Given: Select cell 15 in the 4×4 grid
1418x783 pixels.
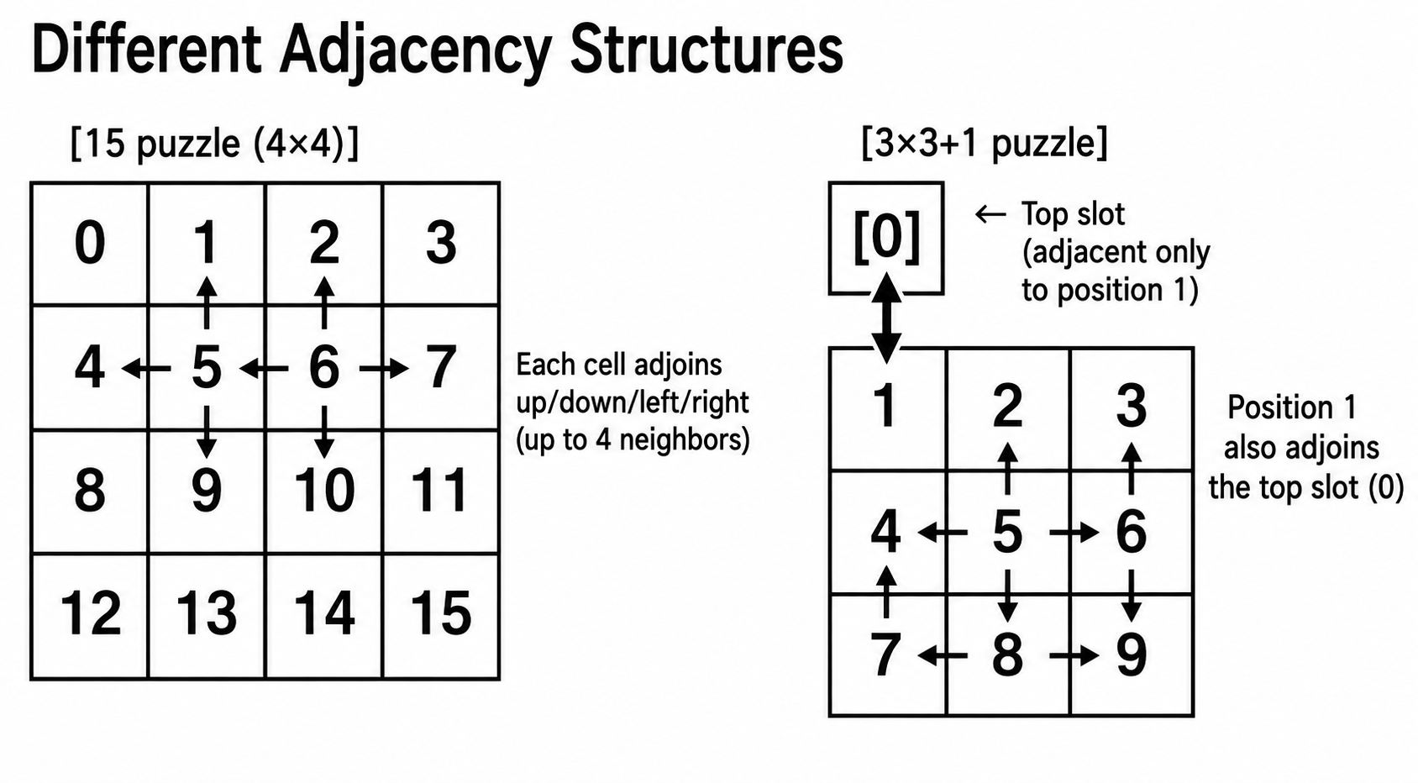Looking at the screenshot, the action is tap(441, 617).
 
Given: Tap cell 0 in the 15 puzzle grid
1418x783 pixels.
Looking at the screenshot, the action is tap(89, 244).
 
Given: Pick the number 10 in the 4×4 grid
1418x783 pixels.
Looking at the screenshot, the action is tap(324, 490).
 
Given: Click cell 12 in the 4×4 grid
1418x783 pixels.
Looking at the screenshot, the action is tap(89, 617).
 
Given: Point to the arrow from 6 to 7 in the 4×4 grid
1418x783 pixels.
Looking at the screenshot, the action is tap(384, 368).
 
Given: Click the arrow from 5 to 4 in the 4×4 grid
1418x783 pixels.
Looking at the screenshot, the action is tap(145, 368).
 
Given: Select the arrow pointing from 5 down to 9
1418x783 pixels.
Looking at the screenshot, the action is tap(207, 433).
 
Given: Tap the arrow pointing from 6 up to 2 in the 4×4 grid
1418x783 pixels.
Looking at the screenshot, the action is tap(324, 302).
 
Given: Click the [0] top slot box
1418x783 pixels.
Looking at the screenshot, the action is tap(886, 238).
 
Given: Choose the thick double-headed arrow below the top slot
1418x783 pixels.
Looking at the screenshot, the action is tap(887, 318).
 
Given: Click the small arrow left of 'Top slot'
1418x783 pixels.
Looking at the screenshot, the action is tap(990, 214).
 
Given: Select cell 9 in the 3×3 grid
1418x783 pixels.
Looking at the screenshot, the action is tap(1132, 655).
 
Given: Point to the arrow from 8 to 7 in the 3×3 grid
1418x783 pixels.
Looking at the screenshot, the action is tap(943, 656).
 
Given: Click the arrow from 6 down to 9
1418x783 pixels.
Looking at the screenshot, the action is tap(1132, 596).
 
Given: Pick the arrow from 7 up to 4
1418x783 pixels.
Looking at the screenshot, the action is tap(886, 591).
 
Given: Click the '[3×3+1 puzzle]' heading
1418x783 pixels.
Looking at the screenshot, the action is tap(985, 143).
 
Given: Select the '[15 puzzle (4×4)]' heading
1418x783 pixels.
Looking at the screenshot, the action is tap(214, 144).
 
